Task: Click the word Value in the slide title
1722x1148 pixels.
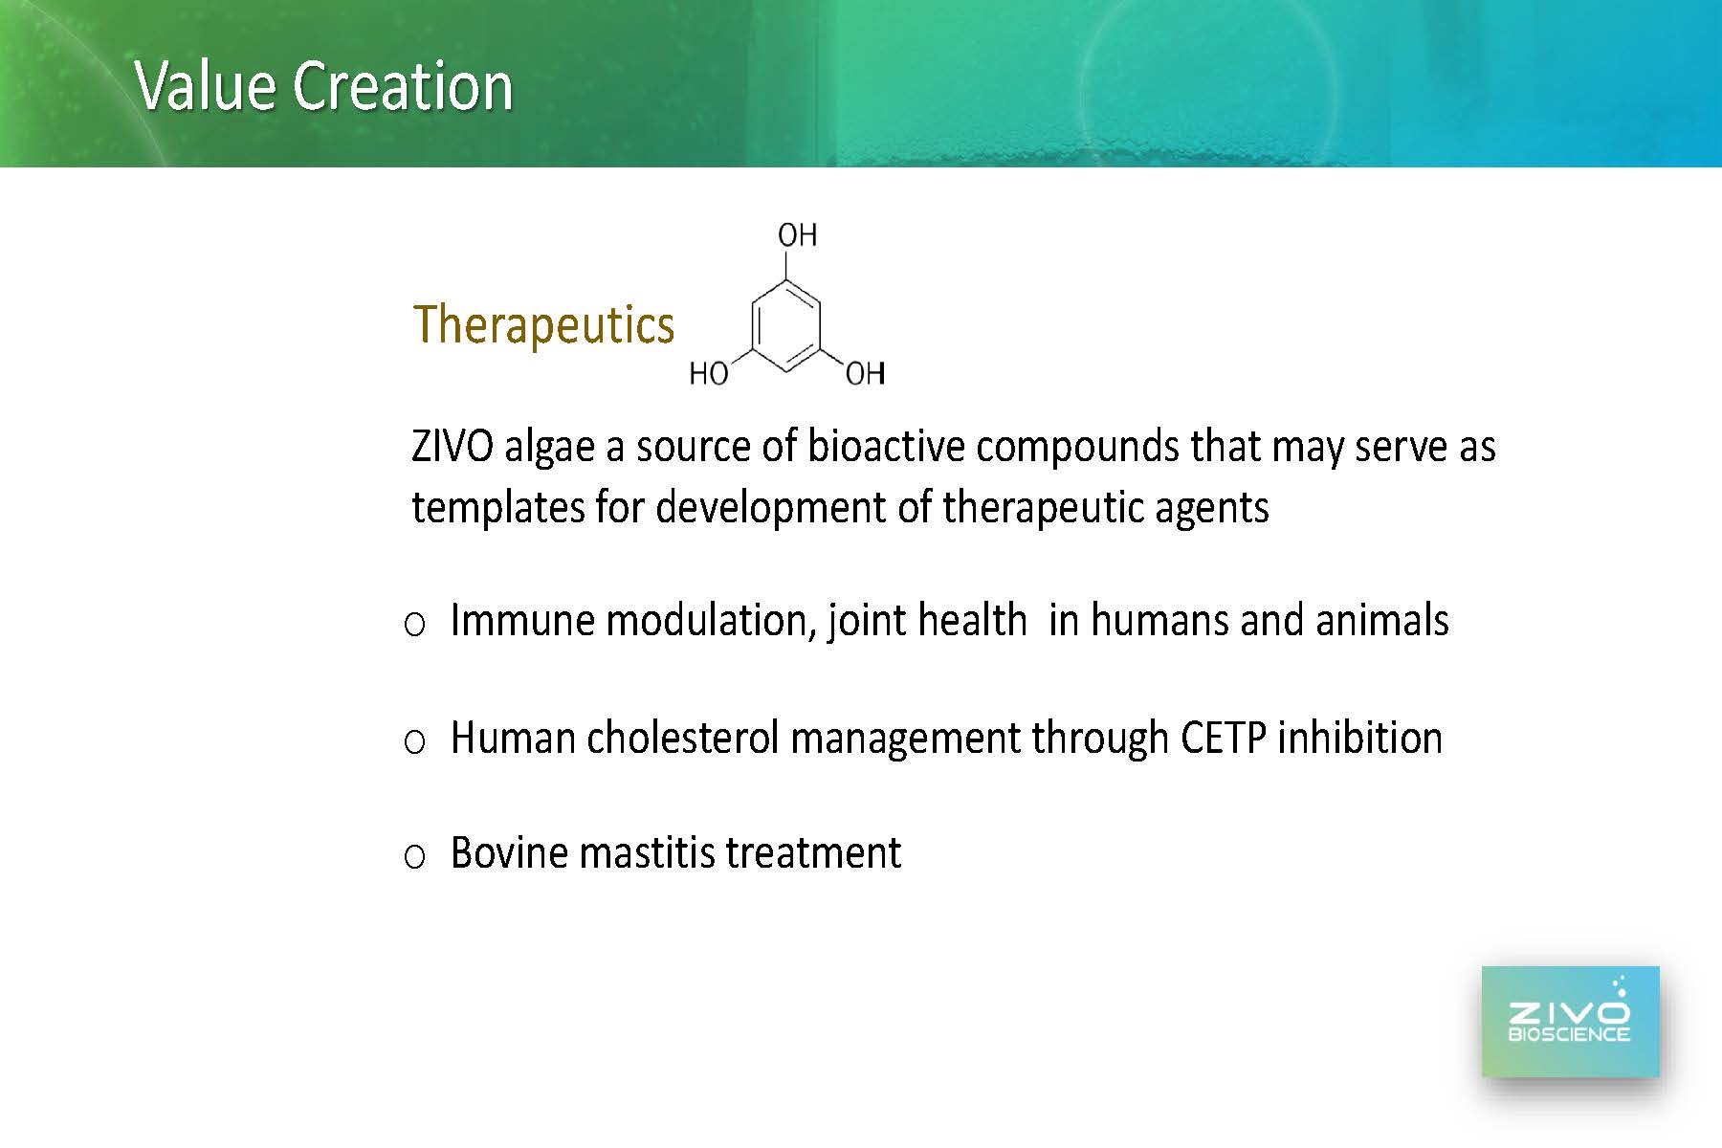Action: [x=207, y=86]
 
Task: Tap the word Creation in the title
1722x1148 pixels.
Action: [x=403, y=86]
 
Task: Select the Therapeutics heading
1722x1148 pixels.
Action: [x=543, y=325]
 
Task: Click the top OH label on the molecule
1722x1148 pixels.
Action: [x=797, y=234]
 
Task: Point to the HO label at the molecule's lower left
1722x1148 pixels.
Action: [x=709, y=373]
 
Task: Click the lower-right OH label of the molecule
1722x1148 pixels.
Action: [x=865, y=373]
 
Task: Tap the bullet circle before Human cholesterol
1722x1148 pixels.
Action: [x=414, y=742]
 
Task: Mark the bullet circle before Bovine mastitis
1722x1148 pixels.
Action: [x=414, y=857]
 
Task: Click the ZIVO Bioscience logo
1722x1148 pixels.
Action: [x=1570, y=1022]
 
